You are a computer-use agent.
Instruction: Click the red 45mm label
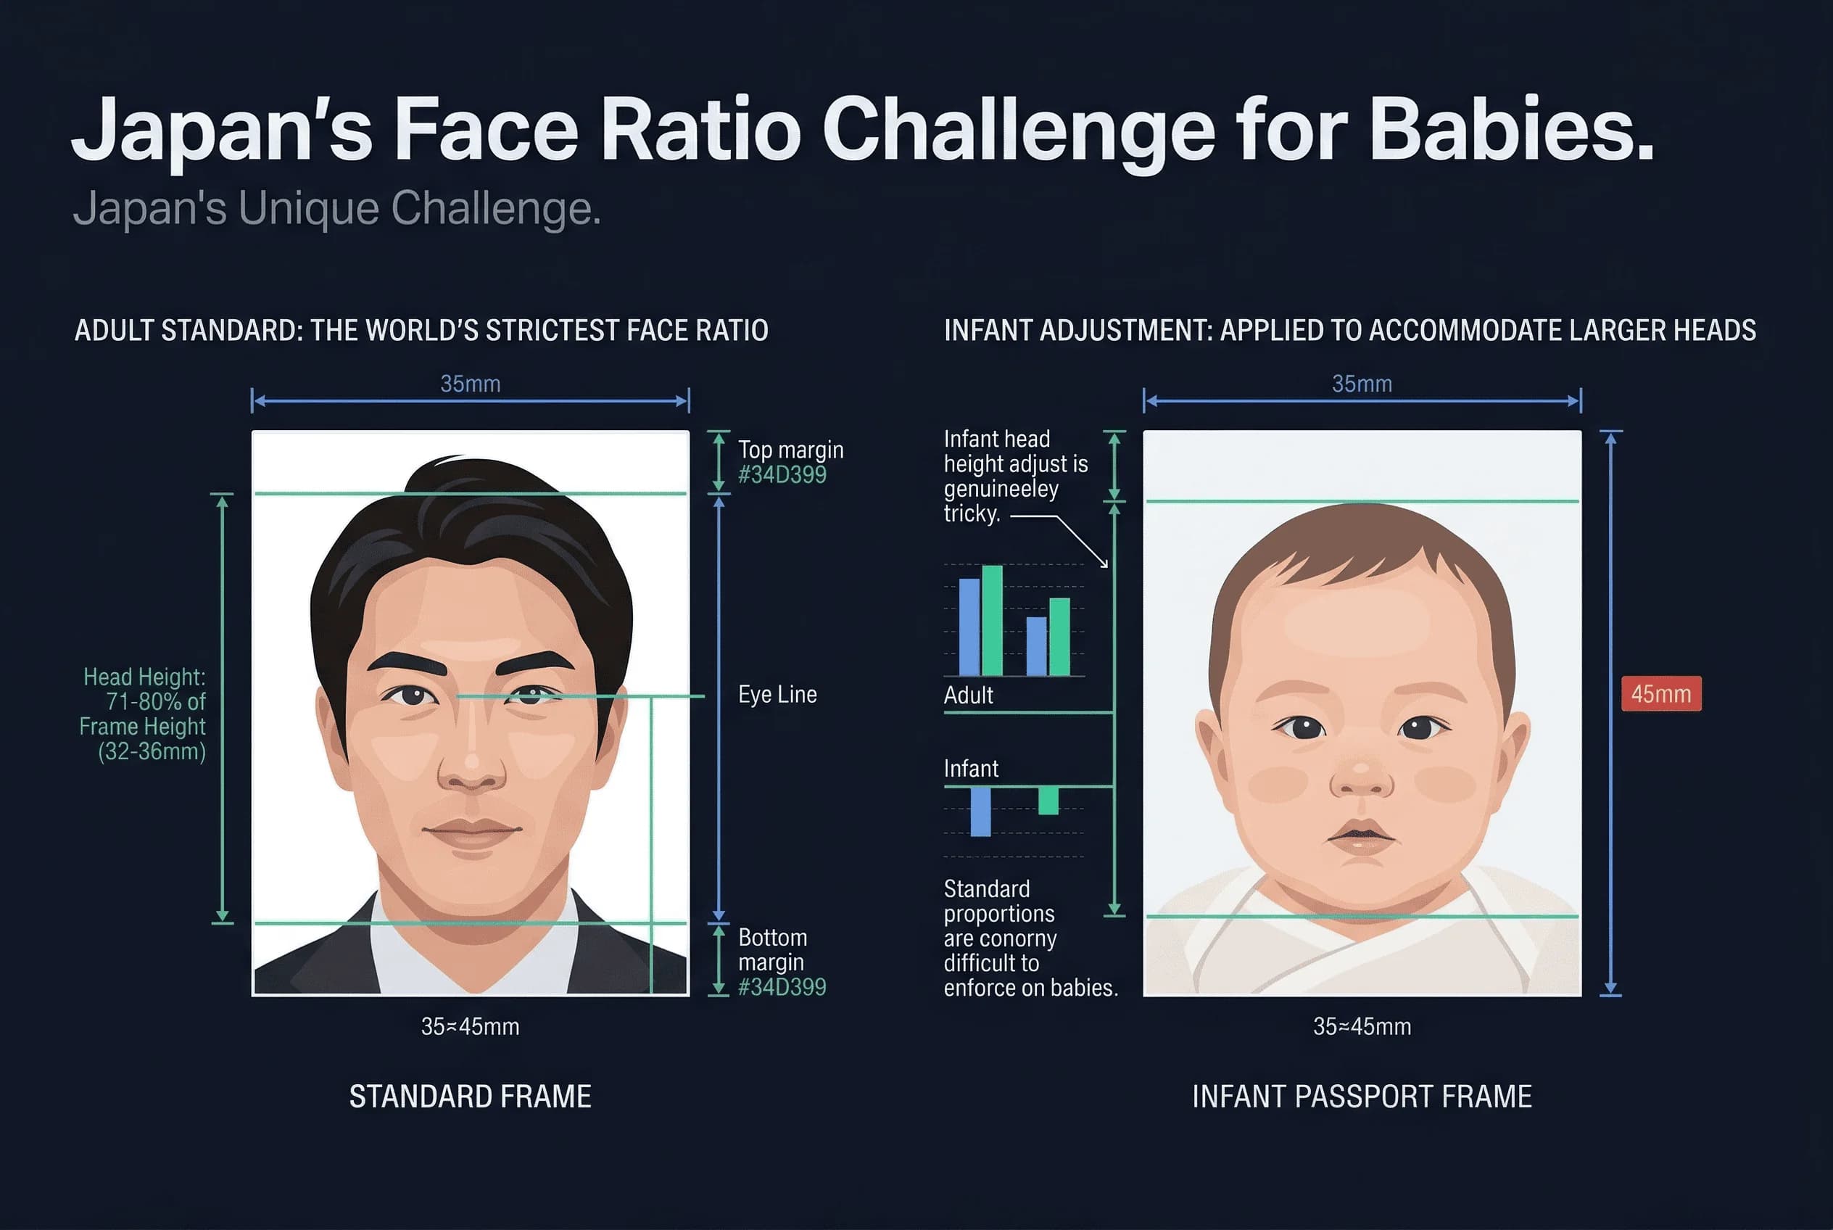pos(1660,693)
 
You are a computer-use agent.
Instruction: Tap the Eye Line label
pos(777,694)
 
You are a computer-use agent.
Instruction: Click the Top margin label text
pos(790,450)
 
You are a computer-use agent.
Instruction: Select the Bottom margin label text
pos(773,949)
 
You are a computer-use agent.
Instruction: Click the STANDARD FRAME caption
pos(470,1096)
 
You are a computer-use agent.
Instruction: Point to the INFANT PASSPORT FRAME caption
pos(1361,1096)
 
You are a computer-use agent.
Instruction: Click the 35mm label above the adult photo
pos(470,384)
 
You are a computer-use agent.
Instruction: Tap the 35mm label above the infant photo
pos(1362,384)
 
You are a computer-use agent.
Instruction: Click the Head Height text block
pos(144,714)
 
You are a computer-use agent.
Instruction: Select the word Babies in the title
pos(1514,129)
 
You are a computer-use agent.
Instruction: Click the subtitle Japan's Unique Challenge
pos(336,209)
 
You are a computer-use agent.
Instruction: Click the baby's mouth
pos(1361,835)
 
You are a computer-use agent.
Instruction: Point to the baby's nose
pos(1362,777)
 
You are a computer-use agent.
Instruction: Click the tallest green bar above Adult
pos(992,619)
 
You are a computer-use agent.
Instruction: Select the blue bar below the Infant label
pos(980,811)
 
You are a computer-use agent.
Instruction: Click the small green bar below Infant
pos(1048,800)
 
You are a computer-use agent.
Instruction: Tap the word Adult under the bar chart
pos(968,695)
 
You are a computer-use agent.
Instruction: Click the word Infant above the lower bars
pos(971,769)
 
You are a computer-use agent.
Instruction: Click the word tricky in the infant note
pos(971,513)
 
